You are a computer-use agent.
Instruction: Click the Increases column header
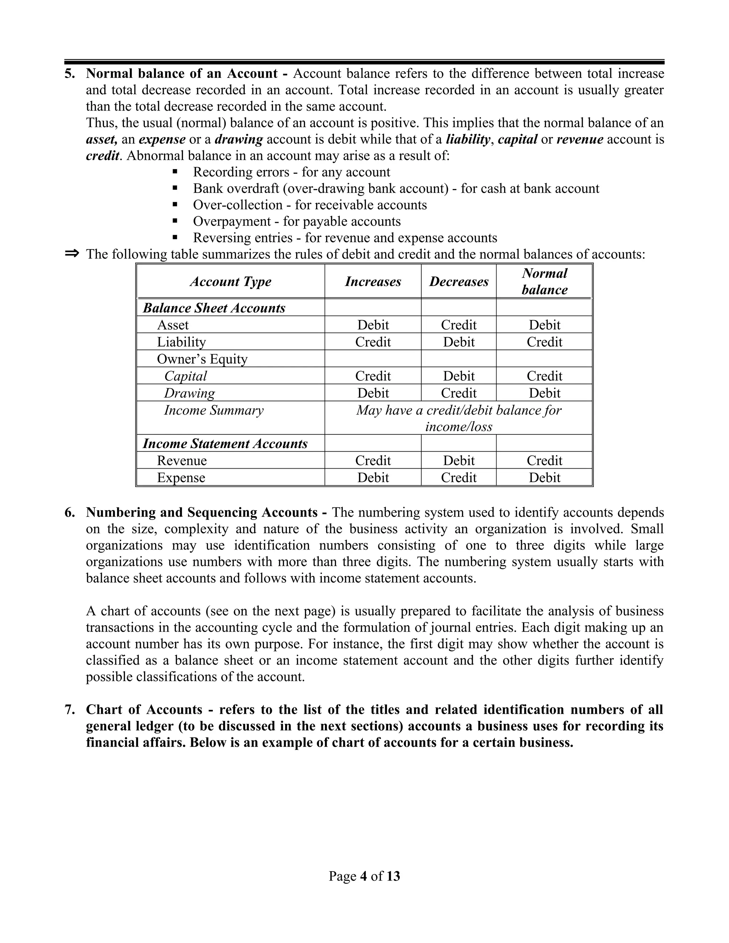(x=373, y=281)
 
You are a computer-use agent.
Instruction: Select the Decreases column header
(x=458, y=281)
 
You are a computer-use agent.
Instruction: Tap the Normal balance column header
(x=544, y=281)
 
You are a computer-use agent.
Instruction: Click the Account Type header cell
(x=231, y=281)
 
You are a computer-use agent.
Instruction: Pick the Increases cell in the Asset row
(x=373, y=325)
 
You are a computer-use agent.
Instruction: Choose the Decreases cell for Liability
(x=458, y=342)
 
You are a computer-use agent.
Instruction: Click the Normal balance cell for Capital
(x=544, y=376)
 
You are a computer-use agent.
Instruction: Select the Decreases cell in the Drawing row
(x=458, y=393)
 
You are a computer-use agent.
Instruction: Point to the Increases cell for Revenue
(x=373, y=460)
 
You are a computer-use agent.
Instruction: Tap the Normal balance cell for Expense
(x=544, y=478)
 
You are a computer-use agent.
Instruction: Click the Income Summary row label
(x=214, y=410)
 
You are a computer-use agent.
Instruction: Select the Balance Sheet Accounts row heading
(x=214, y=308)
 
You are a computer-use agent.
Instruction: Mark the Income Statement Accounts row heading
(x=225, y=443)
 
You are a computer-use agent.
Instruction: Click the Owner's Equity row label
(x=202, y=359)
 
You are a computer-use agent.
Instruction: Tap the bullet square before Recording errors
(x=175, y=172)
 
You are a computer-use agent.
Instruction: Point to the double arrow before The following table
(x=72, y=253)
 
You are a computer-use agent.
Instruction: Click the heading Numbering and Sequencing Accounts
(x=202, y=512)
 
